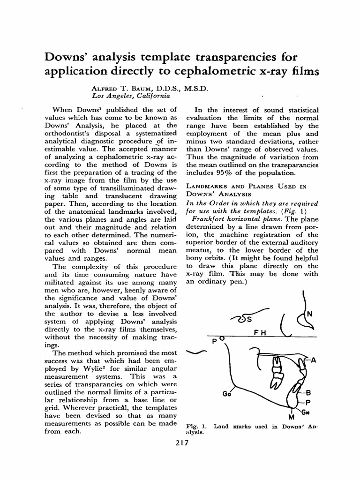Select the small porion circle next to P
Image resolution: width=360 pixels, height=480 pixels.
coord(222,337)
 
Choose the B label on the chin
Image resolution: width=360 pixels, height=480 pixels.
coord(308,392)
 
